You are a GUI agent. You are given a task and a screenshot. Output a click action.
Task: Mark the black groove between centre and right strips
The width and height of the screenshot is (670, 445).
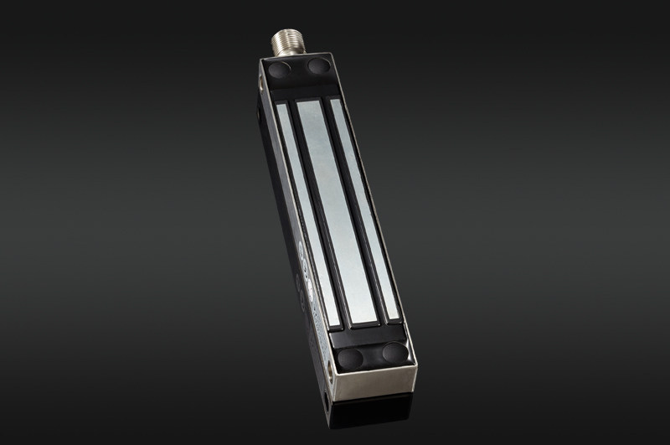355,210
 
